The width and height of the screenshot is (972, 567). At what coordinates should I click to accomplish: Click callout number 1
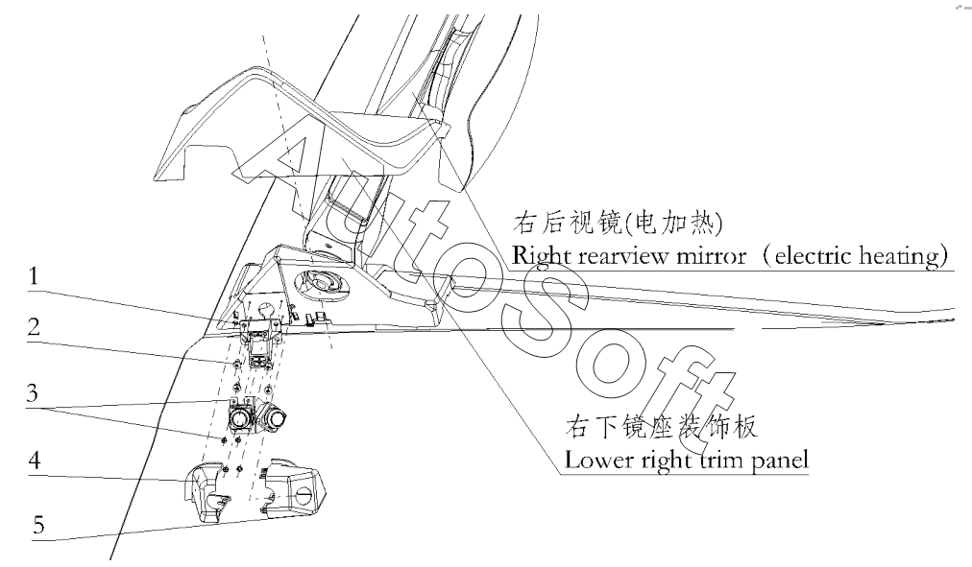point(33,276)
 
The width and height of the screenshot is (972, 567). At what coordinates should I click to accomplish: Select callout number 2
point(34,327)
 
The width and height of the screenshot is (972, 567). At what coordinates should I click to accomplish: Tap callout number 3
point(33,392)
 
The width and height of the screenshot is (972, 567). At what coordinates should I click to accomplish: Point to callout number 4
point(35,460)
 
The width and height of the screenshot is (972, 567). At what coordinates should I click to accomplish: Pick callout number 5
point(38,525)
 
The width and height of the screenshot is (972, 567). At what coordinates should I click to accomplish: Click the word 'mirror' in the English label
point(711,255)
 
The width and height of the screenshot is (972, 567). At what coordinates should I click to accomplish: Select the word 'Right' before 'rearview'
point(541,256)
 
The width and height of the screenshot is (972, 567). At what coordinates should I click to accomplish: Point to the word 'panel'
point(781,461)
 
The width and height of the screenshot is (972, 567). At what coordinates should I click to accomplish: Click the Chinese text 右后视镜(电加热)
point(618,223)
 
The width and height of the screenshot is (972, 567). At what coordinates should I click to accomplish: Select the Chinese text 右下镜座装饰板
point(661,427)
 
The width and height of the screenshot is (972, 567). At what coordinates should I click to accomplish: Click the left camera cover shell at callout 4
point(206,491)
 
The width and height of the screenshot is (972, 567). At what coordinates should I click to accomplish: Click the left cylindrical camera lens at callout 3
point(238,419)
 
